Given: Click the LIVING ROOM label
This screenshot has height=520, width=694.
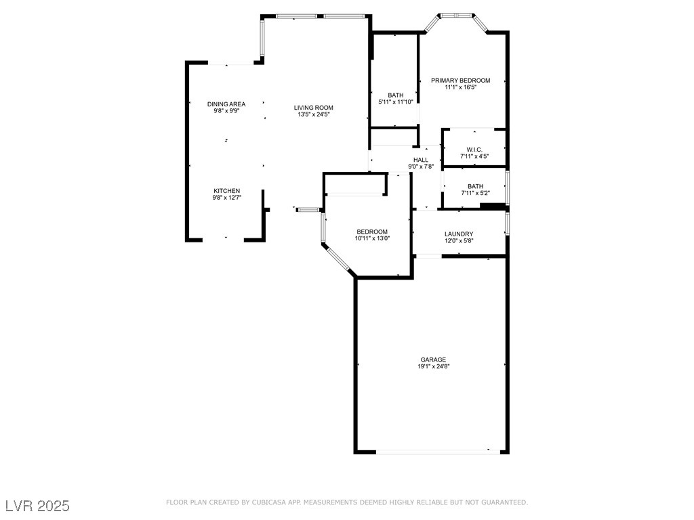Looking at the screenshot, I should coord(313,108).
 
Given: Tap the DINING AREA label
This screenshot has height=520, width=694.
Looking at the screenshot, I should coord(226,104).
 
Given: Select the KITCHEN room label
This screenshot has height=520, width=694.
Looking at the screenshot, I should coord(227,190).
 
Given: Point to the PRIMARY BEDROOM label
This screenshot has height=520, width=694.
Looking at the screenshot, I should coord(460,81).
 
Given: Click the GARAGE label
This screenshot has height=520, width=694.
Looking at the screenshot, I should coord(433,360).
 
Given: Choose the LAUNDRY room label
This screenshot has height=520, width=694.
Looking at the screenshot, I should coord(459,234).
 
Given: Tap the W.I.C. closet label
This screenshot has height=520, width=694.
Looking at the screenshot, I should coord(474,150).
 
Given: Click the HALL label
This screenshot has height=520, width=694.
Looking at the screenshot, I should coord(421,160).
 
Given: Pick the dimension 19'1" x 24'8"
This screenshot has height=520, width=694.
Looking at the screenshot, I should coord(434,366).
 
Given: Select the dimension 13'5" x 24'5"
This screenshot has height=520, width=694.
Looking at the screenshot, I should coord(313,114).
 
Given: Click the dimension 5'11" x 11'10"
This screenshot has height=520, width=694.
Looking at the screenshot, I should coord(396,102).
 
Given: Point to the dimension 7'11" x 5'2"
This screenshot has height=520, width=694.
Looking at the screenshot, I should coord(474,193).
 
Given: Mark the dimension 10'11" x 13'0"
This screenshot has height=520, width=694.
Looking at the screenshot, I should coord(373,238).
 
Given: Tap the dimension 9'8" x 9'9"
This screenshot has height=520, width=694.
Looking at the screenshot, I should coord(226,110).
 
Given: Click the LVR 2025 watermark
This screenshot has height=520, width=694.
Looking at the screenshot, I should coord(37,506).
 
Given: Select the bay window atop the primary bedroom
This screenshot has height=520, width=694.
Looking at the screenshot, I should coord(456,15).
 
